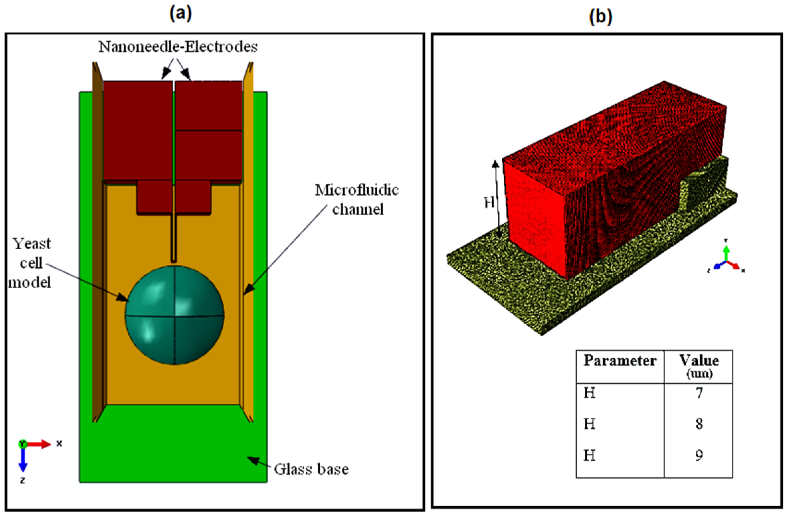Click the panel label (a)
[181, 14]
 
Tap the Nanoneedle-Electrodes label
[178, 47]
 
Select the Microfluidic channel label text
[357, 199]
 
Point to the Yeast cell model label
[31, 263]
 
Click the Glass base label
[311, 469]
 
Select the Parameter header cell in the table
[620, 361]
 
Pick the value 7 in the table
[699, 393]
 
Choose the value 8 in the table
[699, 424]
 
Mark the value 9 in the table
[699, 455]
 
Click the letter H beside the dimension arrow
[489, 202]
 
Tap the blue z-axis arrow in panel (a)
[23, 460]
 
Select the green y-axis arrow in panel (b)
[726, 254]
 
